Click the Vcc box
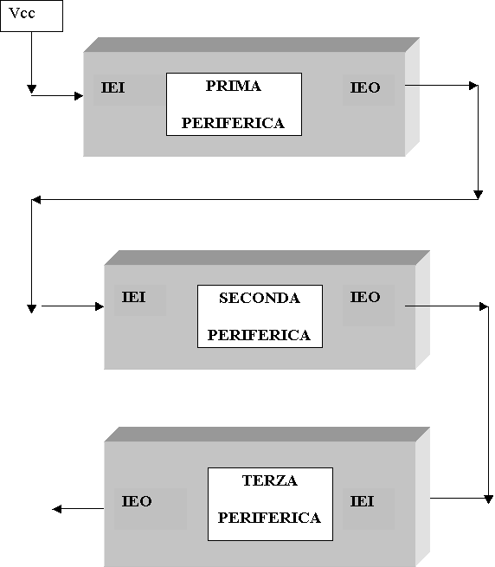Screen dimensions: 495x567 tap(31, 16)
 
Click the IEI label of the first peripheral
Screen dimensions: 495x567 tap(112, 87)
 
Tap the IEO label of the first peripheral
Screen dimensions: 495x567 tap(365, 87)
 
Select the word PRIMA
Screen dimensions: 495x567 tap(234, 86)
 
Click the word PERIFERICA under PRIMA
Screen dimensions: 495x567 tap(233, 123)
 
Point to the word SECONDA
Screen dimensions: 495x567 tap(260, 298)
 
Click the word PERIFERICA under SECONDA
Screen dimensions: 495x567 tap(260, 335)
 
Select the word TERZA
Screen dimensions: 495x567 tap(270, 480)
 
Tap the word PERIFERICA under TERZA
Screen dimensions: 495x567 tap(270, 518)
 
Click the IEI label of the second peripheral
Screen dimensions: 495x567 tap(134, 297)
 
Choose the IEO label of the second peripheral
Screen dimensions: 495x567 tap(365, 297)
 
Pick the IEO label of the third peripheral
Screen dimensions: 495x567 tap(137, 501)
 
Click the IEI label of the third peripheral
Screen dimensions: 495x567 tap(362, 501)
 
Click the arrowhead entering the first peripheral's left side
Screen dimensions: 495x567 tap(79, 96)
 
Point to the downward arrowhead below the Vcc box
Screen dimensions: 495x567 tap(31, 89)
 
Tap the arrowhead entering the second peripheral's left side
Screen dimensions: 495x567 tap(100, 306)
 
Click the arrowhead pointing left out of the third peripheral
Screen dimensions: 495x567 tap(57, 509)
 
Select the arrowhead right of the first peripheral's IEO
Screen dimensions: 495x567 tap(473, 86)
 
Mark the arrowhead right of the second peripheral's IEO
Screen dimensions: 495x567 tap(484, 306)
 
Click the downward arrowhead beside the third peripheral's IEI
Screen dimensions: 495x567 tap(488, 499)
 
